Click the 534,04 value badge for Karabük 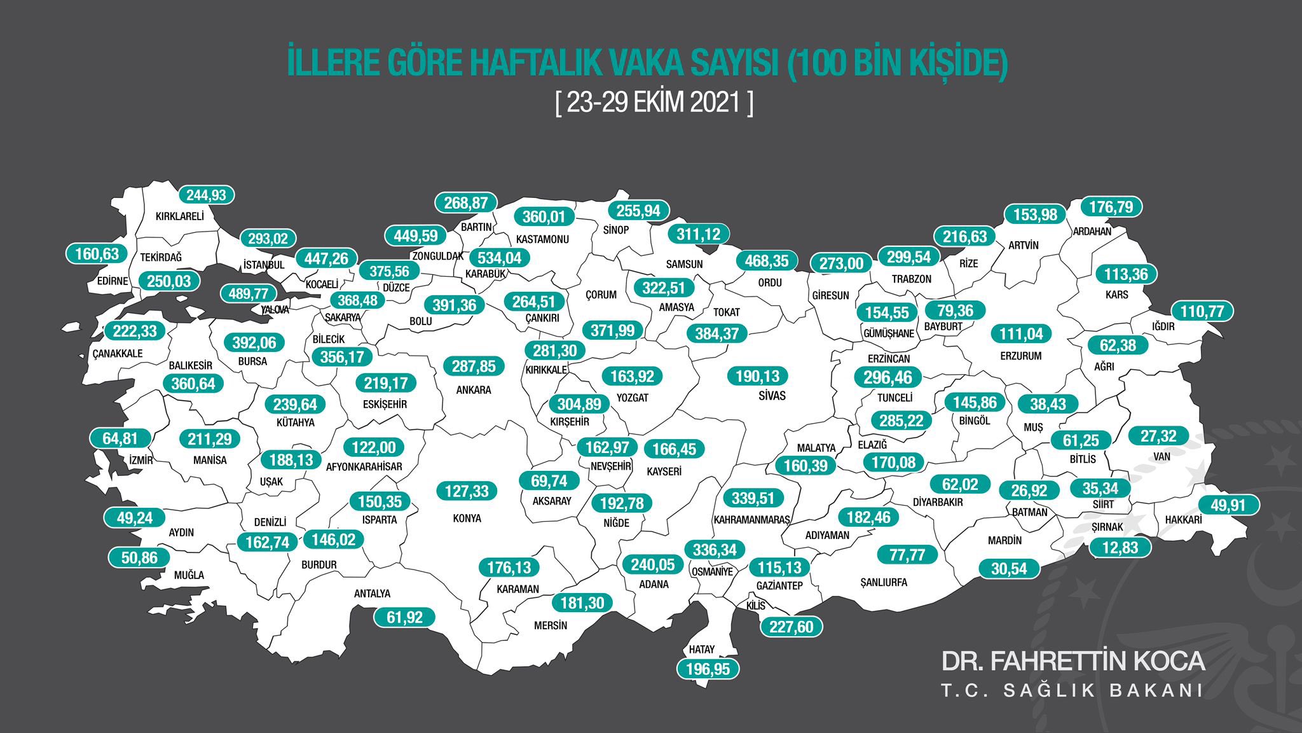[499, 258]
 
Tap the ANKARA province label [474, 390]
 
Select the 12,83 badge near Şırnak [1120, 547]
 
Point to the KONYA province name [467, 519]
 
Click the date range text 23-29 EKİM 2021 [654, 103]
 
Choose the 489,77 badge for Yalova [249, 293]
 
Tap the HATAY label [702, 650]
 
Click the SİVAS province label [772, 396]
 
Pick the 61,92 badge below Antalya [404, 617]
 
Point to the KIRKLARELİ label [180, 216]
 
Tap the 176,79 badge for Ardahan [1111, 207]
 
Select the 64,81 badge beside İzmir [120, 438]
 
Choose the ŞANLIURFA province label [883, 582]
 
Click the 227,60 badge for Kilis [791, 627]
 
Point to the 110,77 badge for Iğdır [1202, 312]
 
